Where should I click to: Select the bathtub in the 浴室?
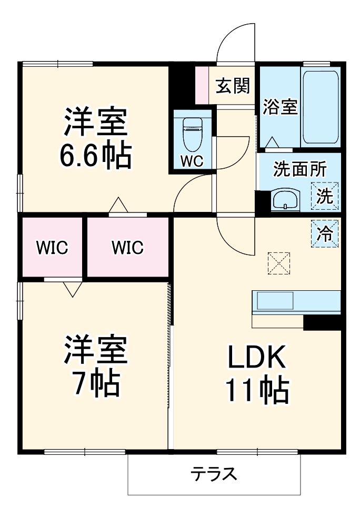coord(320,107)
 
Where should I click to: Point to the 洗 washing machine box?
coord(325,196)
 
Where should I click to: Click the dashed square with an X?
coord(279,263)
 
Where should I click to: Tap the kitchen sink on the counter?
coord(275,301)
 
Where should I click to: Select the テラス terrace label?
coord(214,474)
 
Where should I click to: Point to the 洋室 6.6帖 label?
coord(95,138)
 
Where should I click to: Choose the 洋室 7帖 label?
coord(95,366)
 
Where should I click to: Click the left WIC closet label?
coord(52,247)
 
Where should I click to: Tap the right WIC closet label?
coord(127,247)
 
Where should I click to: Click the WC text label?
coord(192,161)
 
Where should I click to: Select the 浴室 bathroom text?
coord(280,107)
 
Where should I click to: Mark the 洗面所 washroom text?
coord(299,169)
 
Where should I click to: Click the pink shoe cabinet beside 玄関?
coord(202,85)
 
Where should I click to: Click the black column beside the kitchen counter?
coord(322,322)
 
